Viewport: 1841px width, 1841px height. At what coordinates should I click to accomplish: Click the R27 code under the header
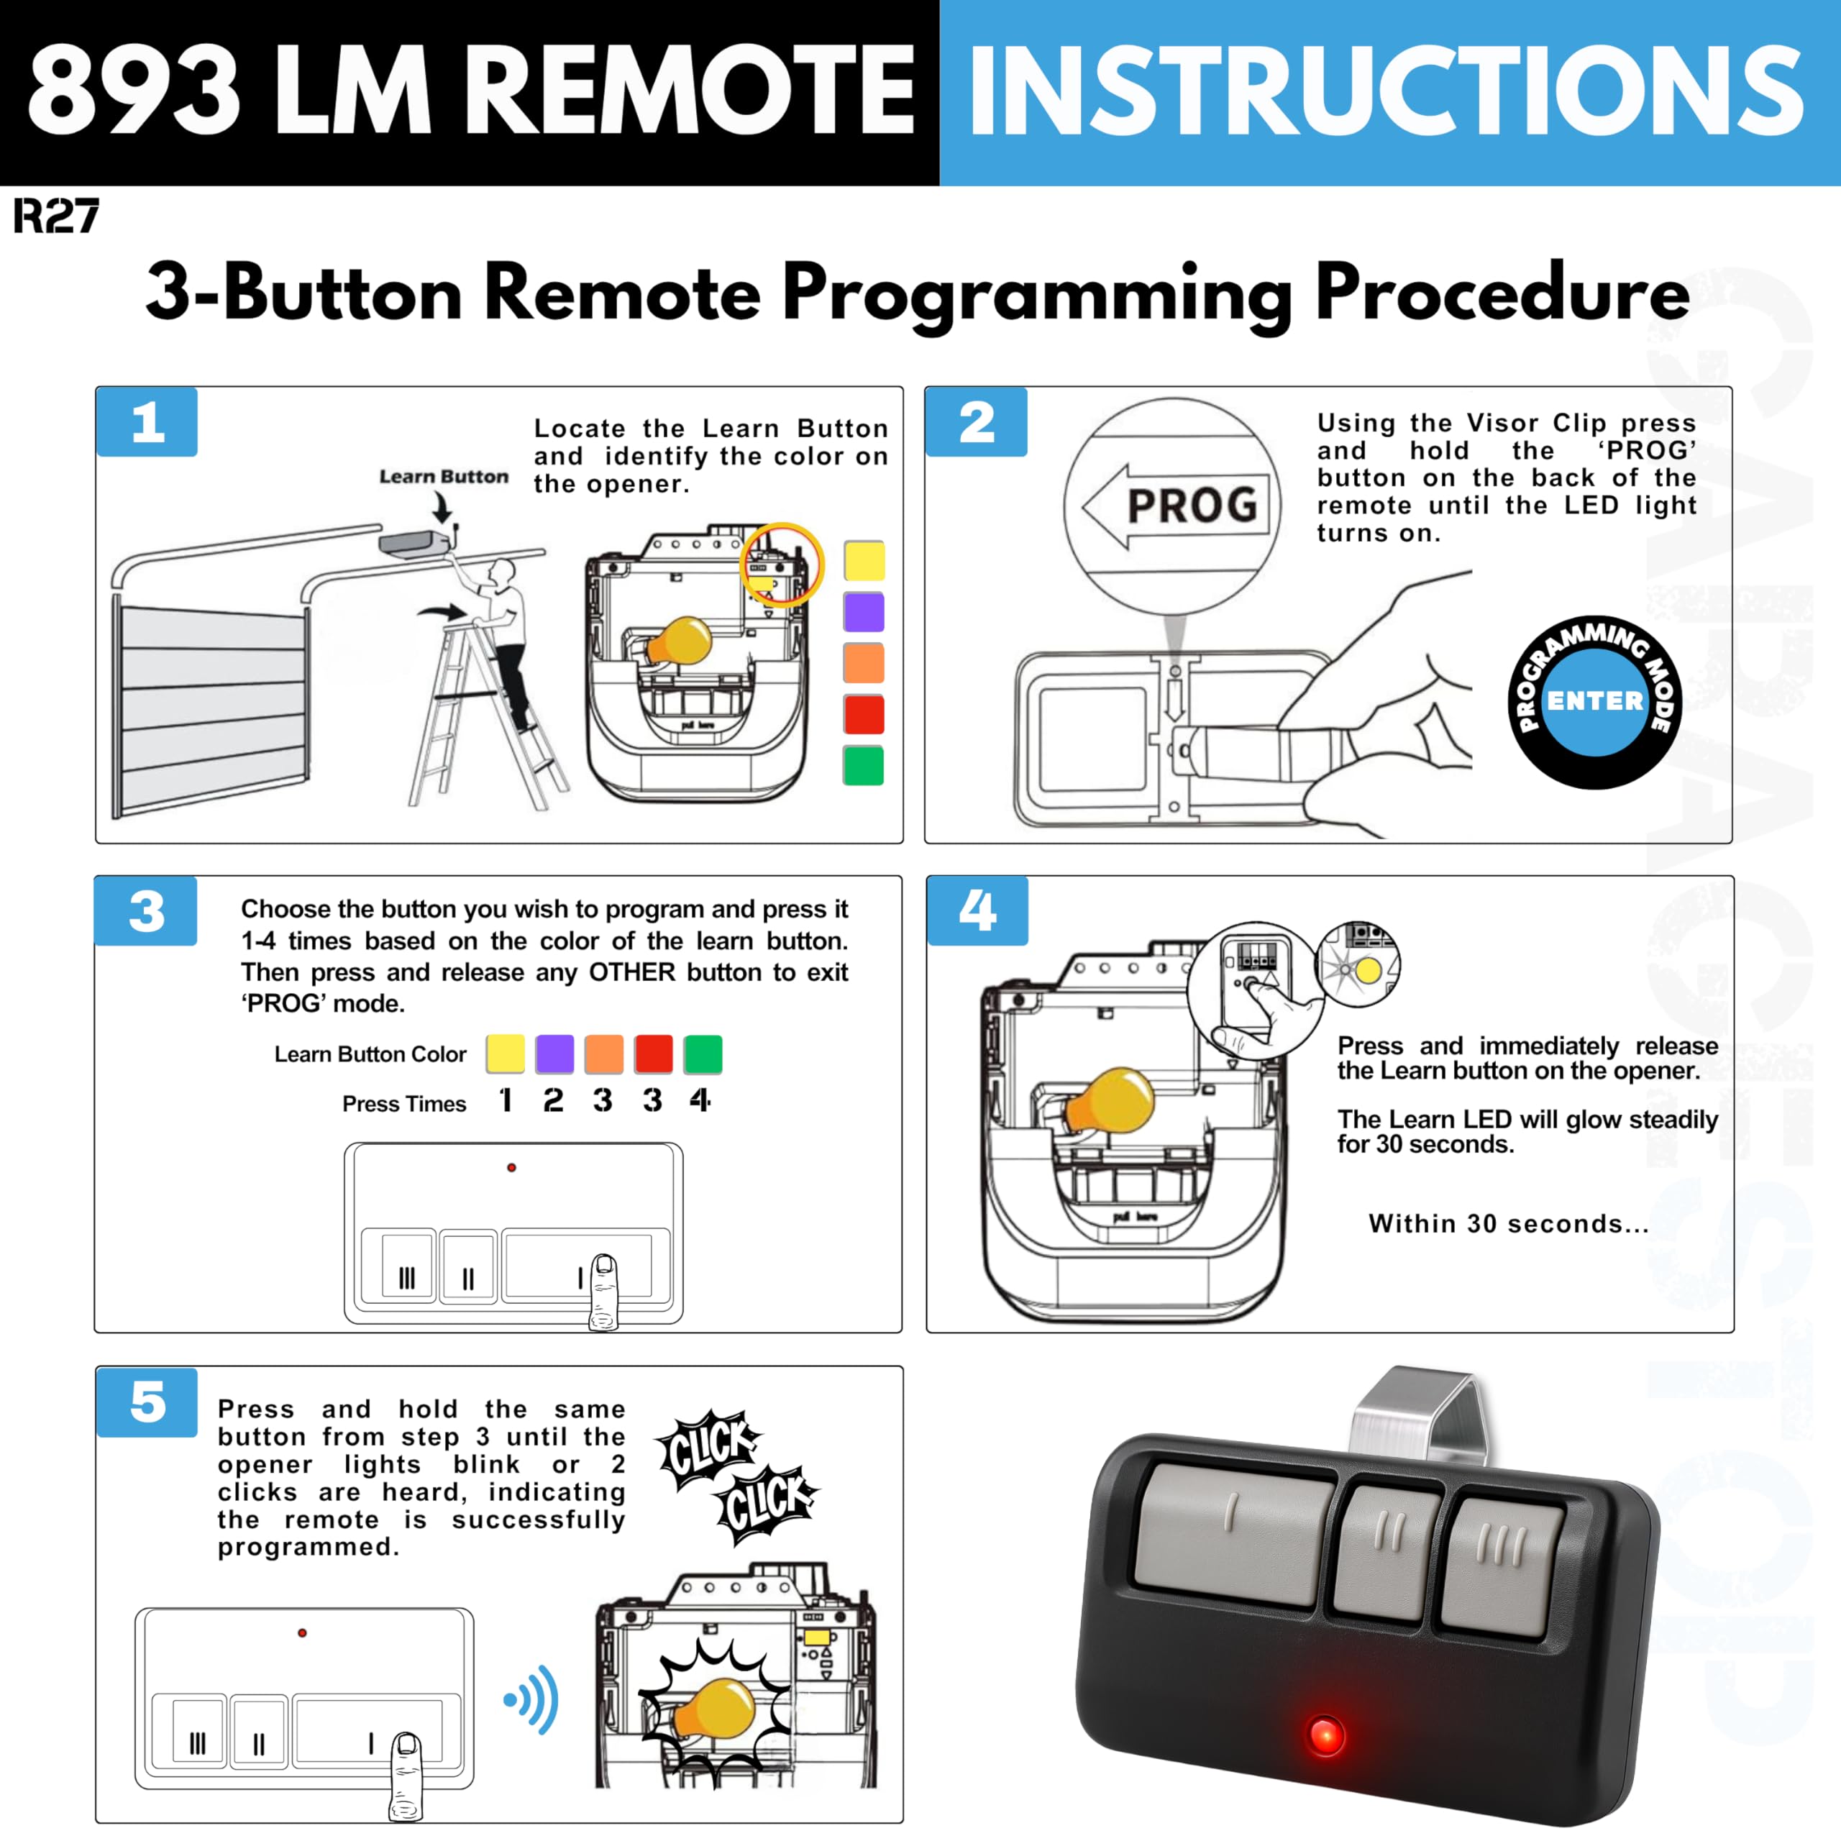(x=56, y=216)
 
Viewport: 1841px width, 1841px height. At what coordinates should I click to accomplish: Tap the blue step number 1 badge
(x=147, y=422)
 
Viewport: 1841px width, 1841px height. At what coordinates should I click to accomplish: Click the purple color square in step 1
(x=863, y=612)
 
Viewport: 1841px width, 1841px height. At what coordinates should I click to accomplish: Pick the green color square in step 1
(x=863, y=765)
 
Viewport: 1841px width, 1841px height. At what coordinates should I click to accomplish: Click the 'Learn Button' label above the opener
(x=443, y=477)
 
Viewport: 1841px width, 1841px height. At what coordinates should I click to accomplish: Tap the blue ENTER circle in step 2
(x=1594, y=701)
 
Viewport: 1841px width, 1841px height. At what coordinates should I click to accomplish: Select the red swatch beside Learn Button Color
(x=654, y=1054)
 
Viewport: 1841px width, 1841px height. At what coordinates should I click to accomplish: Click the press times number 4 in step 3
(x=700, y=1100)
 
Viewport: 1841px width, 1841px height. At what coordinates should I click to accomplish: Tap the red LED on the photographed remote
(x=1325, y=1735)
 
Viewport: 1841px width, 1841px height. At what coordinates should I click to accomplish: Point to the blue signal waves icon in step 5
(x=534, y=1699)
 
